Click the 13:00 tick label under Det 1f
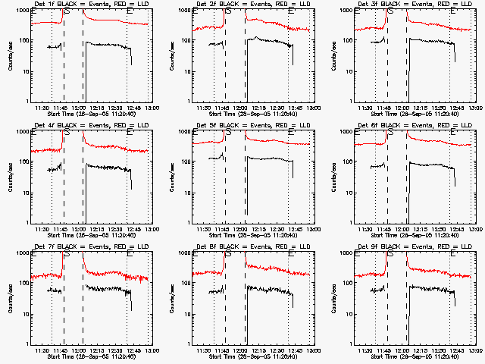(152, 108)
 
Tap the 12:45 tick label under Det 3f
(455, 108)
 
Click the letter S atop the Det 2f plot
(228, 11)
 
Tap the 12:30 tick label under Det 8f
(276, 350)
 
